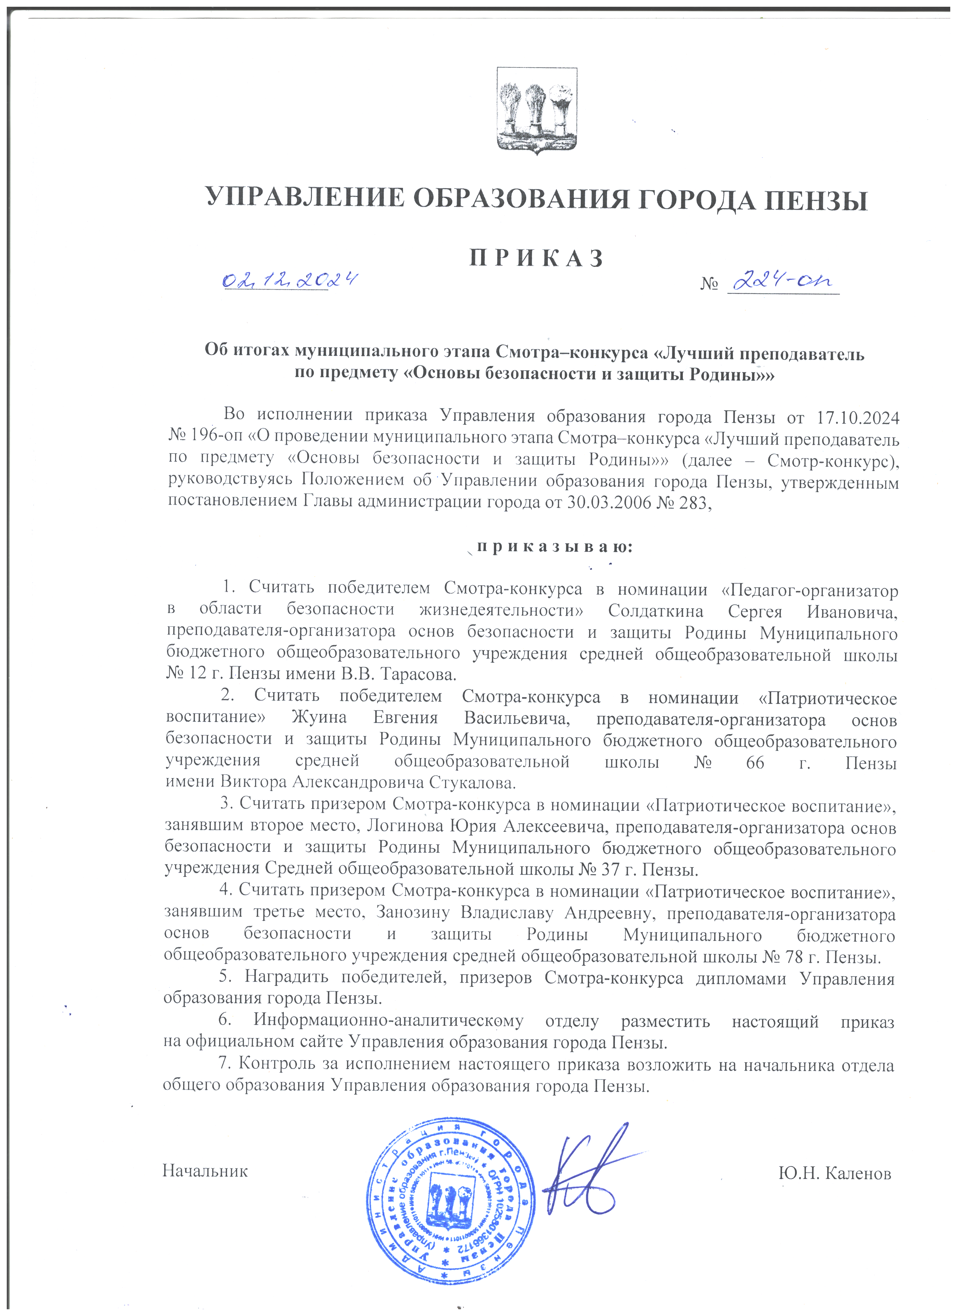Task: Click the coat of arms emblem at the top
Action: coord(537,110)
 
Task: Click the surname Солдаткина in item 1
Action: coord(656,612)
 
